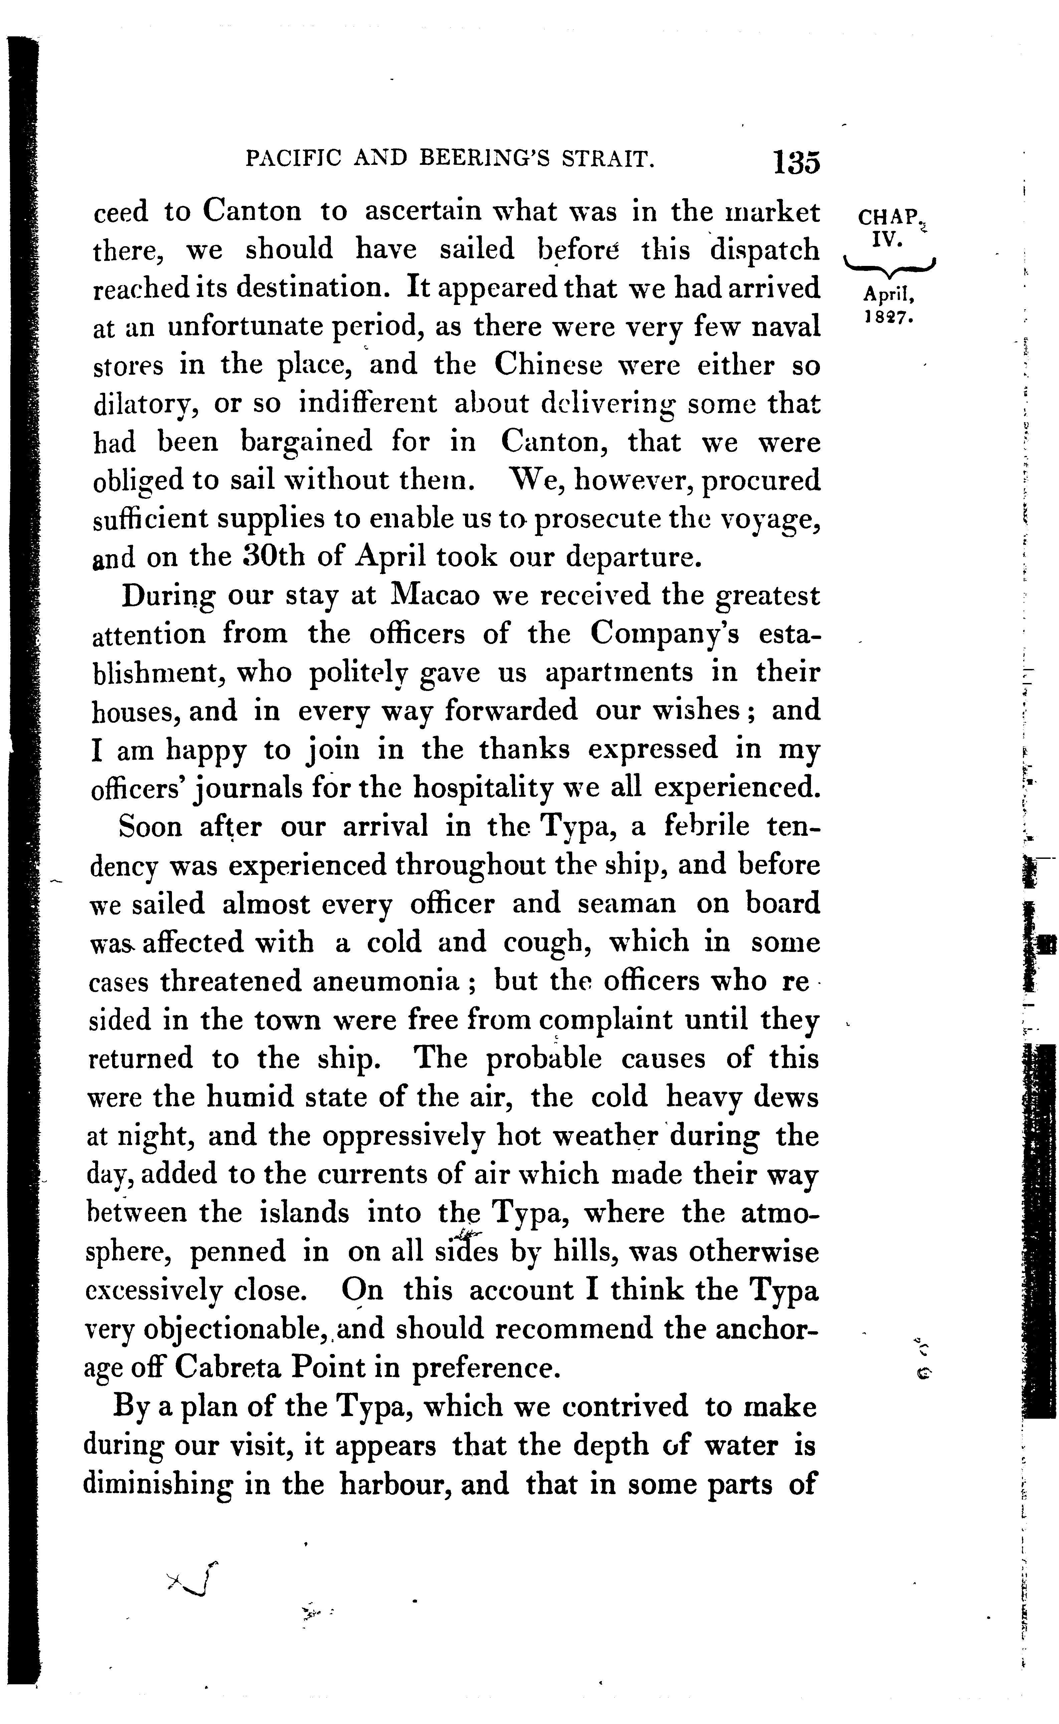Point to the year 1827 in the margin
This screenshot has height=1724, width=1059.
[887, 316]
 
